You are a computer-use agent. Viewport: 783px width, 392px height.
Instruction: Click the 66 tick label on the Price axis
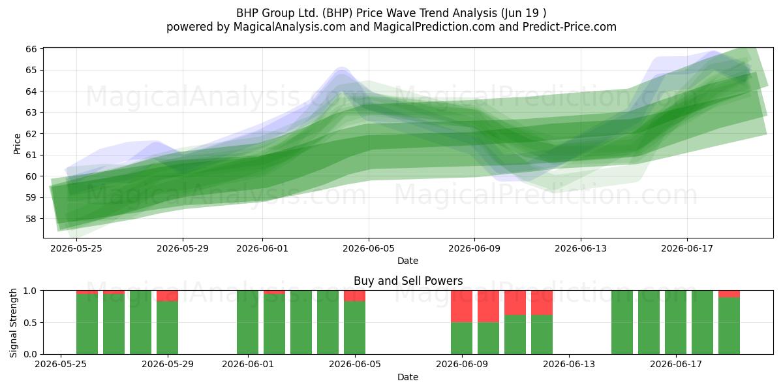[31, 49]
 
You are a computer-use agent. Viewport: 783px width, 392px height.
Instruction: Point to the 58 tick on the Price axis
[31, 219]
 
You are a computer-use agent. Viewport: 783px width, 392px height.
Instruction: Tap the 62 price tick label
[31, 134]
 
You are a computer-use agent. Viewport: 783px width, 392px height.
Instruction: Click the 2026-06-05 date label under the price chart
[369, 248]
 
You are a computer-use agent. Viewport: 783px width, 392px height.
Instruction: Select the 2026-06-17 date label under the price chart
[687, 248]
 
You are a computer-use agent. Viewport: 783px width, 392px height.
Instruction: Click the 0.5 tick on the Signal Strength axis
[30, 322]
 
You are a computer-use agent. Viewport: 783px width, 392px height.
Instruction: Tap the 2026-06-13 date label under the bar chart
[569, 365]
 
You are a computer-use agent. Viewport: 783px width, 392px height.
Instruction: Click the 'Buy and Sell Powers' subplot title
[408, 281]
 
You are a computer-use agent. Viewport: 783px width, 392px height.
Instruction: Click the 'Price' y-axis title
[17, 144]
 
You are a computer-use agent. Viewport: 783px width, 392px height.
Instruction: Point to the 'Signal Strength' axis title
[13, 323]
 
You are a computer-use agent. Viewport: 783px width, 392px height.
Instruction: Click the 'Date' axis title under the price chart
[408, 261]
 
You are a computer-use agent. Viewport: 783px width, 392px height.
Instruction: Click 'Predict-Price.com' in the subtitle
[570, 27]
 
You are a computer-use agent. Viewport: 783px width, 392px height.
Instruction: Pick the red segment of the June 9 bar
[461, 306]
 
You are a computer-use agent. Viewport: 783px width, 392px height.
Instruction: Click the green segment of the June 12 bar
[542, 335]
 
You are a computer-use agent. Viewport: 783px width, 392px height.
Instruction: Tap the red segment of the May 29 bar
[167, 296]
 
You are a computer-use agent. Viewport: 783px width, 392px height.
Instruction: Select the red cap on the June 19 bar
[729, 294]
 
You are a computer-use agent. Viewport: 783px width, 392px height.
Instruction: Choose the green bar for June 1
[247, 322]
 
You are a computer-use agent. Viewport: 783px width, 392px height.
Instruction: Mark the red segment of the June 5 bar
[354, 296]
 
